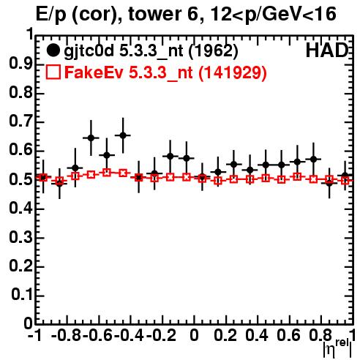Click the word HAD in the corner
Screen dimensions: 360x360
326,50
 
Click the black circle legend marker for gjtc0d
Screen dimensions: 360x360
53,50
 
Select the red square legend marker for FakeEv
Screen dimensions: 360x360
53,72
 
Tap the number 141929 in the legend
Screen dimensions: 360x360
232,72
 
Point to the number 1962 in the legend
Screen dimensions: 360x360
213,50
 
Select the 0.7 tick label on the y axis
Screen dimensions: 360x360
20,121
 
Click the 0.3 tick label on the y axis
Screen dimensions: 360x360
20,237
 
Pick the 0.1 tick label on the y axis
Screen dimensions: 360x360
21,295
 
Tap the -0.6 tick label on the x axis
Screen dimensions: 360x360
97,335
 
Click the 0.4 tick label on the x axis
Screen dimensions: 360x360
257,335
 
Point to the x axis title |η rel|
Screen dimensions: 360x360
337,348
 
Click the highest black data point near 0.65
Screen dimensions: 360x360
123,135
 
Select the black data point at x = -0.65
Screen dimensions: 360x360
91,138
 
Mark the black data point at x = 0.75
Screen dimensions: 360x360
314,159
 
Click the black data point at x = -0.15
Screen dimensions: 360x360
170,156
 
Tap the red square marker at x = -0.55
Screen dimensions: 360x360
107,173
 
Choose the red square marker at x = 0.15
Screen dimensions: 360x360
218,181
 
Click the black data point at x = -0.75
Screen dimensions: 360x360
75,168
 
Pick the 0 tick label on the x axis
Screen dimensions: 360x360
194,335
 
